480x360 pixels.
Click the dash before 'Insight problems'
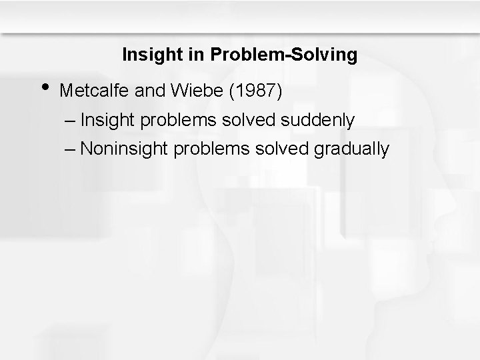click(71, 121)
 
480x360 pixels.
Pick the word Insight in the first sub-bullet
click(105, 120)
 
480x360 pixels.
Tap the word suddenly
click(319, 120)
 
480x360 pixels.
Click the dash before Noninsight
click(71, 149)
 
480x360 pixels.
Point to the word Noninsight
click(124, 149)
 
